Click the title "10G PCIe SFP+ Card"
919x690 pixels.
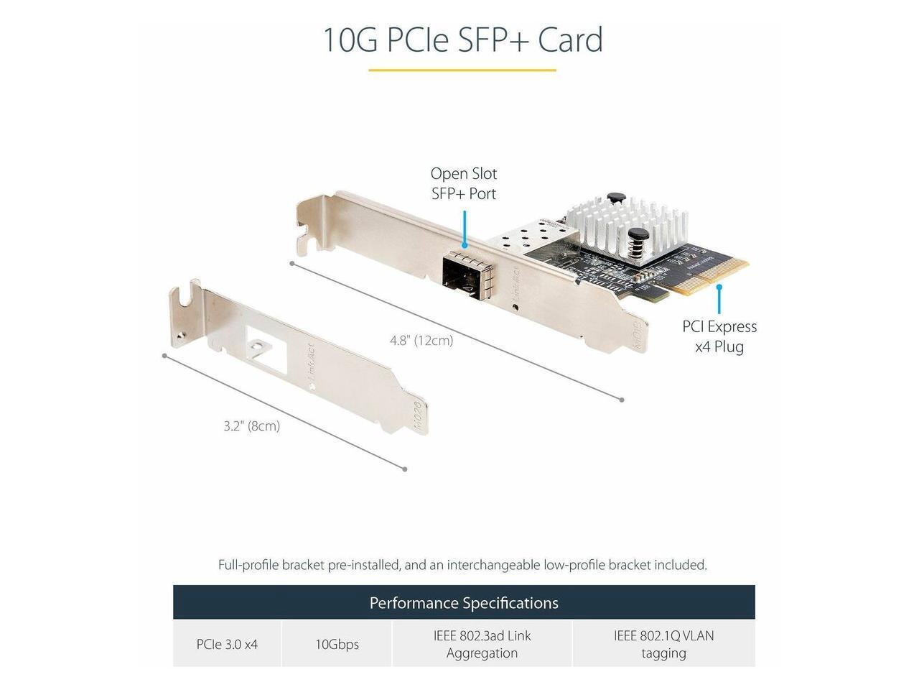462,40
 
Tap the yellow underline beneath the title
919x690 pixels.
462,70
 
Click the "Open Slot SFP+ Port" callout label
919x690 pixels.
464,183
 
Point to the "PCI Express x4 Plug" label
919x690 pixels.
719,336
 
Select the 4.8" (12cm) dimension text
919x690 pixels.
421,341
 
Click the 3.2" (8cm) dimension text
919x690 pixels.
251,426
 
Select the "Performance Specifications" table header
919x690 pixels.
464,602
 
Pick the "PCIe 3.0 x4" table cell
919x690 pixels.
227,644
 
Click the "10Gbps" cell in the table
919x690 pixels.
337,644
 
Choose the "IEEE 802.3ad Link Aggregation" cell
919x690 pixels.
482,644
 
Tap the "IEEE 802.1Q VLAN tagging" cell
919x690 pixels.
663,644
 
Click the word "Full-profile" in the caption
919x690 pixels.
248,565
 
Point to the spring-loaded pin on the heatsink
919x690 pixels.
635,241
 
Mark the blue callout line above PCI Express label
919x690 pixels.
719,298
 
